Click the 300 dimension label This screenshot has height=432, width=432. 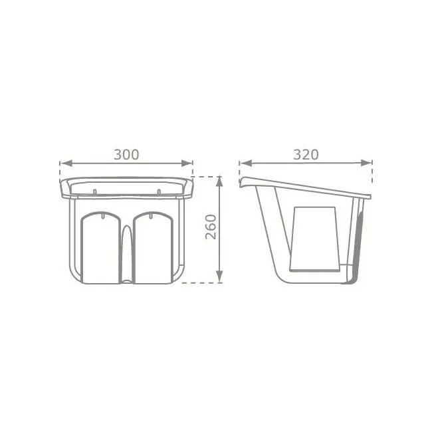(x=126, y=155)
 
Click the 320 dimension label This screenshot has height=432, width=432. (x=306, y=155)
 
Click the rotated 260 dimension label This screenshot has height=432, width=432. (x=211, y=227)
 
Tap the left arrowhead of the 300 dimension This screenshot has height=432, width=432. (x=66, y=163)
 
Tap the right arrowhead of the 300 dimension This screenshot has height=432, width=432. (x=187, y=163)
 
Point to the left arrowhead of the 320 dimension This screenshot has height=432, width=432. (x=246, y=163)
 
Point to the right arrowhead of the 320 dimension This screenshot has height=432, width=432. (x=366, y=163)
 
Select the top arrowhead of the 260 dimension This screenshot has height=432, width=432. (x=219, y=182)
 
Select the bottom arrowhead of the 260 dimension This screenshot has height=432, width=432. (x=219, y=276)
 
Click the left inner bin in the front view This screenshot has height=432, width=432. (x=100, y=248)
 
